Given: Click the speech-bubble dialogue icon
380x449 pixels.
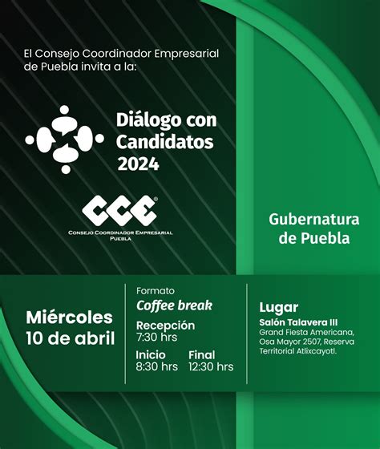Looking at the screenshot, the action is tap(64, 140).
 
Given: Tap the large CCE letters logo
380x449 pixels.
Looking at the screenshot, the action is tap(119, 210).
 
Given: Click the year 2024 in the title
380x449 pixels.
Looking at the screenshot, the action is tap(139, 164).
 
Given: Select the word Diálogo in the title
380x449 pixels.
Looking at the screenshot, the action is tap(149, 120).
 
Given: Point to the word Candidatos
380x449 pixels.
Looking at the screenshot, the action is tap(165, 142).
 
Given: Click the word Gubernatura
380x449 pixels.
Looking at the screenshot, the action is tap(313, 220).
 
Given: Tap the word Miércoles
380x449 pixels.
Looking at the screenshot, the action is tap(69, 318).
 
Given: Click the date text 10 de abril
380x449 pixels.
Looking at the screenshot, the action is tap(71, 338).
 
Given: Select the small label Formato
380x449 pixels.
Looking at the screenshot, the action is tap(156, 291).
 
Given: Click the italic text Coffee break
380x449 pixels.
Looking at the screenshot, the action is tap(175, 305).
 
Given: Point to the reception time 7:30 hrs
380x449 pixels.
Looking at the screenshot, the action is tap(156, 338).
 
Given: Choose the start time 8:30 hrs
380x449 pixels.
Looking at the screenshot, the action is tap(156, 367).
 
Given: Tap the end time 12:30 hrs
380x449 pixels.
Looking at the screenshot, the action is tap(211, 367).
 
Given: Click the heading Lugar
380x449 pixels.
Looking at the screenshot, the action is tap(279, 308).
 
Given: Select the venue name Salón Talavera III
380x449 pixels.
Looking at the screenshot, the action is tap(298, 322).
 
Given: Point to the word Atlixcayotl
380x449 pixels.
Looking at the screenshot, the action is tap(316, 351).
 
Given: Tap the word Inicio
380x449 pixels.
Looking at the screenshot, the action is tap(151, 355).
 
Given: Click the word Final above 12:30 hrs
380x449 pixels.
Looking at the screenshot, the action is tap(201, 355).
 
